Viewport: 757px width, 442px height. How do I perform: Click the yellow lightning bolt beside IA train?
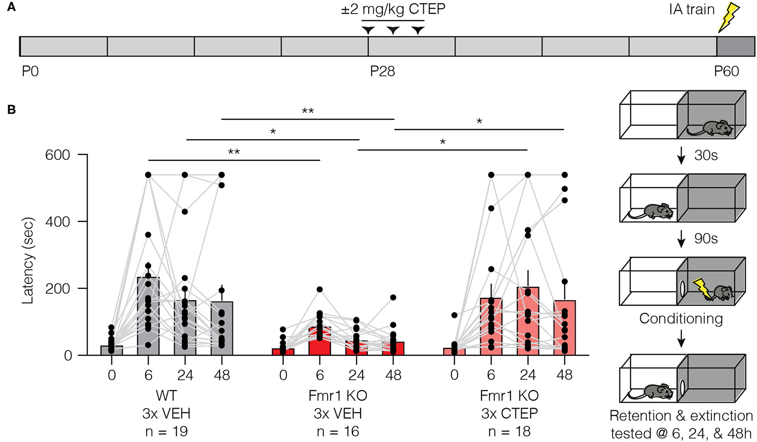click(729, 18)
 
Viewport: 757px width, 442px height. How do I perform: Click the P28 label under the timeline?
click(382, 71)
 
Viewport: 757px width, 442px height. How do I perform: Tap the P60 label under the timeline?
click(726, 71)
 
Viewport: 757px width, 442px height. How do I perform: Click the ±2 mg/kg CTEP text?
click(393, 9)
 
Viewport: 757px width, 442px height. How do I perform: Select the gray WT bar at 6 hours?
click(148, 316)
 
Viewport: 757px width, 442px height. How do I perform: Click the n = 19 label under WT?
click(166, 431)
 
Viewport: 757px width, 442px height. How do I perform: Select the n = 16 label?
click(337, 431)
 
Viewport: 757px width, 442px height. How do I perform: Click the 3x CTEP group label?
click(509, 413)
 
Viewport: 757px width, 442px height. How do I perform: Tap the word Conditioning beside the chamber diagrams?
click(681, 318)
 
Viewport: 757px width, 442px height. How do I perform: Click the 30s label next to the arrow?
click(706, 155)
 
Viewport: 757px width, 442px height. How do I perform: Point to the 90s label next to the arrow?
click(706, 239)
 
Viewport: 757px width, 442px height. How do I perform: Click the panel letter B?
click(12, 109)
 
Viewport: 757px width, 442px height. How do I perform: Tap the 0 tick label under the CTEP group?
click(454, 375)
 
